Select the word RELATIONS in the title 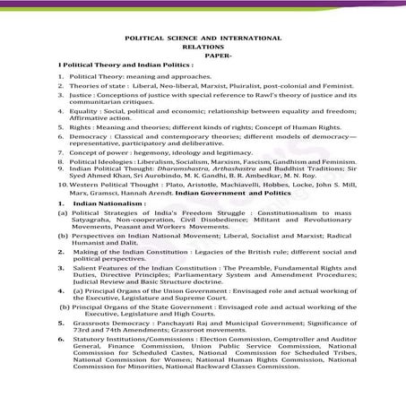[203, 49]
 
